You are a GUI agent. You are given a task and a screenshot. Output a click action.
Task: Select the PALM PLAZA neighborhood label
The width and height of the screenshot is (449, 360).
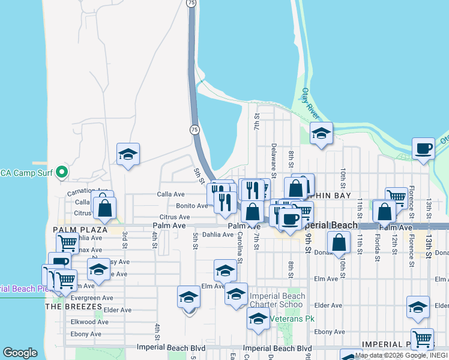point(80,230)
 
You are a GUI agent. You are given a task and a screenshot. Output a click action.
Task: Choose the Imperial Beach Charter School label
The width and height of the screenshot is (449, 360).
point(277,300)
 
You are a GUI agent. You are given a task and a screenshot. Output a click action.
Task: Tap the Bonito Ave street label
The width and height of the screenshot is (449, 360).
point(191,206)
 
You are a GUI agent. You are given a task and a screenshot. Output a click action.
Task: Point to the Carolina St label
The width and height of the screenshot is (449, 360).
point(240,247)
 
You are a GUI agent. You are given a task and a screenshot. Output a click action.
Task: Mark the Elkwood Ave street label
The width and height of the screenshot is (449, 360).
point(90,322)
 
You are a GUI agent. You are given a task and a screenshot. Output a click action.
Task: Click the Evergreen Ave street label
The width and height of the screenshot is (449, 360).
point(92,298)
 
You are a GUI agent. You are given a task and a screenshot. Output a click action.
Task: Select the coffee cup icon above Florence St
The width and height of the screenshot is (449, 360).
point(423,148)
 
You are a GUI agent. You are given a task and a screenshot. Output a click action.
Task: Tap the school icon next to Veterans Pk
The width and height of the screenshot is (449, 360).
point(258,319)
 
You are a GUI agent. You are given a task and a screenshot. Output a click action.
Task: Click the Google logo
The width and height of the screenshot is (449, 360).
point(20,353)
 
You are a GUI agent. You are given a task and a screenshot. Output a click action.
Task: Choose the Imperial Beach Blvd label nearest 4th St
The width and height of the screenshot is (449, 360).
point(170,348)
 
